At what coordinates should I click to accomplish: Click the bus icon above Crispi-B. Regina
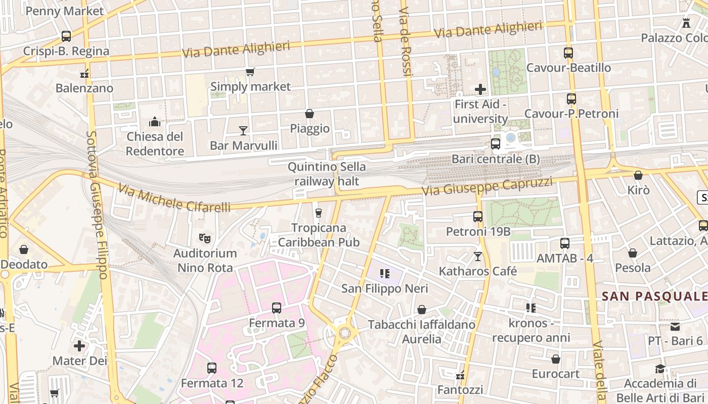pos(66,36)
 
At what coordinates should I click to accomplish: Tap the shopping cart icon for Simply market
pos(250,72)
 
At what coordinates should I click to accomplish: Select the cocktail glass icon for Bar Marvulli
pos(243,131)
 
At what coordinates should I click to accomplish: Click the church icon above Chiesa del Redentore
pos(155,122)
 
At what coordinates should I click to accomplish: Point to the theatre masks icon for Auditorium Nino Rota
pos(205,237)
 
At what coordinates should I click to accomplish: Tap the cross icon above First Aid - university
pos(480,89)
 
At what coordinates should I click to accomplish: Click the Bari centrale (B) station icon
pos(496,144)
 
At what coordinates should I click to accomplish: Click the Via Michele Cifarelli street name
pos(174,198)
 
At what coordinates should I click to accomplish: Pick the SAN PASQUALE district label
pos(654,296)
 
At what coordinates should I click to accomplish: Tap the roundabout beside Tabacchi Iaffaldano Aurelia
pos(345,333)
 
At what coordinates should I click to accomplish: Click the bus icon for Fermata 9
pos(277,308)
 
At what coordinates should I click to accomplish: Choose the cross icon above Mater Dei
pos(79,346)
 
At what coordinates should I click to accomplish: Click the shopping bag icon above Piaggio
pos(309,114)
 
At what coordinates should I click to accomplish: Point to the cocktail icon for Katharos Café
pos(478,257)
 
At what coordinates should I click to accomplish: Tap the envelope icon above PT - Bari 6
pos(675,326)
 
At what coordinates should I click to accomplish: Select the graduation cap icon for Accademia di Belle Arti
pos(660,369)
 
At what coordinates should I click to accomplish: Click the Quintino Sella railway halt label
pos(327,174)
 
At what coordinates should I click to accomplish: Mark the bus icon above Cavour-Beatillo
pos(568,53)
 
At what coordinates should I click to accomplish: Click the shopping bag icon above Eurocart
pos(556,359)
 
